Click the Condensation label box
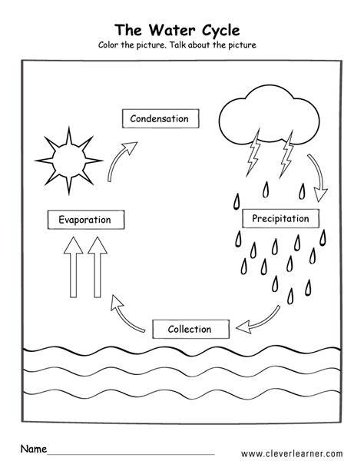pyautogui.click(x=160, y=118)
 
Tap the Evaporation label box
pyautogui.click(x=86, y=220)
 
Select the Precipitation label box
pyautogui.click(x=281, y=218)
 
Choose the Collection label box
pyautogui.click(x=190, y=329)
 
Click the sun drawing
pyautogui.click(x=69, y=161)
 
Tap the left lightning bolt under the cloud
pyautogui.click(x=253, y=153)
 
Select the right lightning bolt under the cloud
pyautogui.click(x=286, y=154)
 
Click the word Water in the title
pyautogui.click(x=172, y=30)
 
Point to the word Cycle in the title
pyautogui.click(x=220, y=31)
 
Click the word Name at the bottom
pyautogui.click(x=34, y=449)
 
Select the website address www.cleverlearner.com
pyautogui.click(x=292, y=453)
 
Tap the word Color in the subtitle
pyautogui.click(x=108, y=45)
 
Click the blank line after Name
pyautogui.click(x=131, y=454)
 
